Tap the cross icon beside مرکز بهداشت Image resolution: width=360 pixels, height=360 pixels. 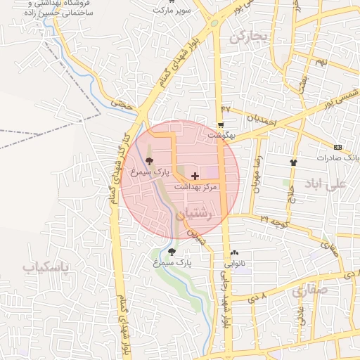coord(195,175)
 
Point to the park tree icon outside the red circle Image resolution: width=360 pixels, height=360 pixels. coord(172,251)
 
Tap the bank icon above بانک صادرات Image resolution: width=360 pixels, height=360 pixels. coord(338,147)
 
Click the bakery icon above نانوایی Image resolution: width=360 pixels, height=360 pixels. coord(234,253)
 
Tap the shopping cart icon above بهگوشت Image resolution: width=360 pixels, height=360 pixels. coord(221,124)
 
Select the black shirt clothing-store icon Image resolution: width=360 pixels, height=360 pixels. coord(293,162)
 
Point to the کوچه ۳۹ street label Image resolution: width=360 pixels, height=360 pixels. coord(255,221)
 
